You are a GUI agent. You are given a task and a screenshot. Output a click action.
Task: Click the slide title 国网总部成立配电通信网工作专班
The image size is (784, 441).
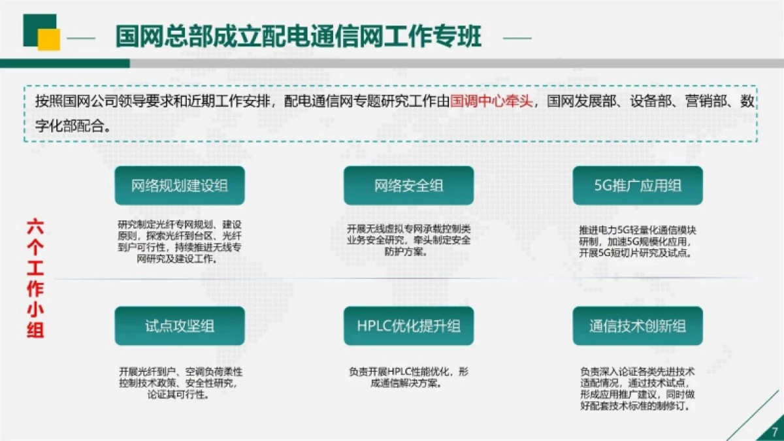(x=298, y=37)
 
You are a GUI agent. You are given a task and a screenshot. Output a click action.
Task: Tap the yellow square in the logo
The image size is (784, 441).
(x=49, y=39)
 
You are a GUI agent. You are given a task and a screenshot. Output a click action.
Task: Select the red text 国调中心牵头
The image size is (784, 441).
(x=491, y=102)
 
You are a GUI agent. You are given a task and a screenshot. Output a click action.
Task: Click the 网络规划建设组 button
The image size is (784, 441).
(x=180, y=186)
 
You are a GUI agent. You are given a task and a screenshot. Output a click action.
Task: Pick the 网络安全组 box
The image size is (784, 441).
(x=408, y=186)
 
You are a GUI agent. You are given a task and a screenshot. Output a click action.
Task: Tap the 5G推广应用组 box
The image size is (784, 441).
(x=638, y=186)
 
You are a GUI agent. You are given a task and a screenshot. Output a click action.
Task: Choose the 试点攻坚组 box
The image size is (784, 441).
(x=180, y=326)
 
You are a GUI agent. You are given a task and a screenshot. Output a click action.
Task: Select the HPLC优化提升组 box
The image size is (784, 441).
(x=408, y=326)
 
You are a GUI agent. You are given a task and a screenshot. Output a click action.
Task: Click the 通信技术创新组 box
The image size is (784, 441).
(x=638, y=326)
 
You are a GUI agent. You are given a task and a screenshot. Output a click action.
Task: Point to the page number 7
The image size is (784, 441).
(x=774, y=431)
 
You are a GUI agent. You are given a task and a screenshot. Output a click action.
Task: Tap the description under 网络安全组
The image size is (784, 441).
(x=408, y=240)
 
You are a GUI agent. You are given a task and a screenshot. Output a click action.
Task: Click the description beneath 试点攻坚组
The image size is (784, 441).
(x=180, y=383)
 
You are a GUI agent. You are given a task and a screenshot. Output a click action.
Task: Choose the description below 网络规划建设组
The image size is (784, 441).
(x=180, y=241)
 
